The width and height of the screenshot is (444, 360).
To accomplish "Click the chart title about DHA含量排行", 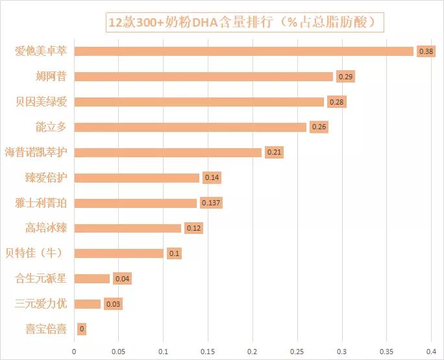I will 245,21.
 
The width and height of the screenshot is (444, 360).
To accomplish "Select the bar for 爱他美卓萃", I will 244,51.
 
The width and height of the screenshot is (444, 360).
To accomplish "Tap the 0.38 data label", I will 426,51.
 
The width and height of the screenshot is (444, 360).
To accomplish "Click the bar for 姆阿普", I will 204,77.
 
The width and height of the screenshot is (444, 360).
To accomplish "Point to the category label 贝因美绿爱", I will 41,102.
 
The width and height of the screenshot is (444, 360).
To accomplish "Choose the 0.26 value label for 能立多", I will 319,127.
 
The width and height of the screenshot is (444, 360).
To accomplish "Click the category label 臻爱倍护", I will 45,177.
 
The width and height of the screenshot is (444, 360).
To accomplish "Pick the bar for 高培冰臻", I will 128,228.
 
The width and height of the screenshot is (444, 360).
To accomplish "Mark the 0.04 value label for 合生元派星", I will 122,279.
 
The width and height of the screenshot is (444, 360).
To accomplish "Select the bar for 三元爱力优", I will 88,304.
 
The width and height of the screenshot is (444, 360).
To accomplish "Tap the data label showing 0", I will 82,329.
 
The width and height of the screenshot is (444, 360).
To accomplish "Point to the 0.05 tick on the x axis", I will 118,351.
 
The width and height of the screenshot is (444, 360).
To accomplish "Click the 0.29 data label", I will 345,77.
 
